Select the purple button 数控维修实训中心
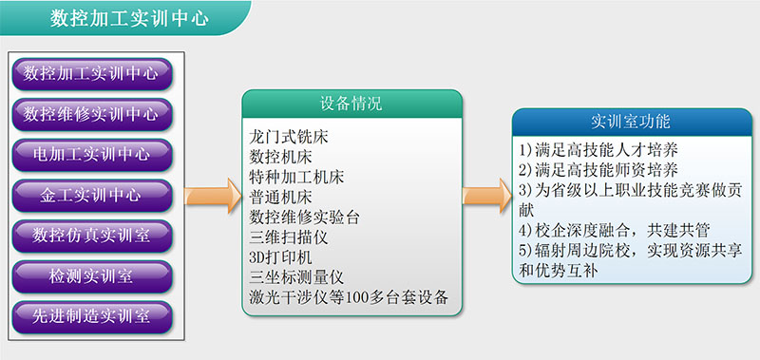(92, 114)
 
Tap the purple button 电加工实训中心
(92, 155)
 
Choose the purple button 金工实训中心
(92, 196)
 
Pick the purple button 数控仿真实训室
(92, 236)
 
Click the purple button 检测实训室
(92, 276)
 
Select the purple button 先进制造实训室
(92, 317)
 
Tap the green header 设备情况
(351, 104)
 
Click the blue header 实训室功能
(632, 122)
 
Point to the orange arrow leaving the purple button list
(213, 196)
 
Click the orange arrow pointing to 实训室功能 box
(487, 196)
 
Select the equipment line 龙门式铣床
(289, 137)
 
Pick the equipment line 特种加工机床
(296, 178)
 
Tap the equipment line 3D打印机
(280, 257)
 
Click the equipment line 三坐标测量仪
(296, 277)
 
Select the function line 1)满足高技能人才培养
(598, 150)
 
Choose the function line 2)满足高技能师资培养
(598, 170)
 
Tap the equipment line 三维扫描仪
(289, 237)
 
